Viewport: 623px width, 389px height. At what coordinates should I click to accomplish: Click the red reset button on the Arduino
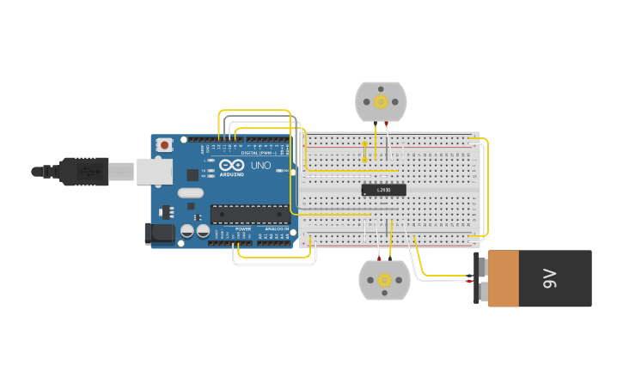tap(163, 145)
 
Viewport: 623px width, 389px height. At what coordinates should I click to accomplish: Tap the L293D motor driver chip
tap(383, 190)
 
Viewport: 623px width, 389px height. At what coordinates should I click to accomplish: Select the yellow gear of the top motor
tap(381, 102)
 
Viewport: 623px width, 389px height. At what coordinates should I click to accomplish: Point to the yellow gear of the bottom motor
tap(384, 280)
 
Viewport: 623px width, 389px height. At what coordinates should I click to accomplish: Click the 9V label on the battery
tap(550, 278)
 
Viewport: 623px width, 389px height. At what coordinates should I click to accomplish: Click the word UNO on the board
tap(260, 165)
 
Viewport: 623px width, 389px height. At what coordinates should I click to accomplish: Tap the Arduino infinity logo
tap(231, 165)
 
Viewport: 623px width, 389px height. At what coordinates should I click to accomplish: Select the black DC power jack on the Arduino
tap(159, 233)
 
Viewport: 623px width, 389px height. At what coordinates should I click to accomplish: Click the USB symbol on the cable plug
tap(87, 172)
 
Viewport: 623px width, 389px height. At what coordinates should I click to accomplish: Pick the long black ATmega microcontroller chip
tap(250, 215)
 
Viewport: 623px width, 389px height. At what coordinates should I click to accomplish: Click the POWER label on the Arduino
tap(243, 229)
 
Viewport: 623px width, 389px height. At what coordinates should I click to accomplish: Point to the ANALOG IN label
tap(277, 229)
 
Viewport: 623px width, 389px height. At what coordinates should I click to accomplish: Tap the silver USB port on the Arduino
tap(154, 172)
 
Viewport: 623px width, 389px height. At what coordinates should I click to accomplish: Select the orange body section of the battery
tap(504, 278)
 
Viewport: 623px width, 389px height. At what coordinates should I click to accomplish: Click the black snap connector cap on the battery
tap(478, 278)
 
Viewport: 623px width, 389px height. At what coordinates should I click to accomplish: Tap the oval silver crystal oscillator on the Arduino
tap(191, 193)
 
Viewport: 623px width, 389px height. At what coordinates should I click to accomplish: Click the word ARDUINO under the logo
tap(231, 174)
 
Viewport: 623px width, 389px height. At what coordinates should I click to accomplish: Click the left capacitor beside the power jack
tap(186, 231)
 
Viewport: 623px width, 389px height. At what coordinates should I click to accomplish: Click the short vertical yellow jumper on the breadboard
tap(364, 151)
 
